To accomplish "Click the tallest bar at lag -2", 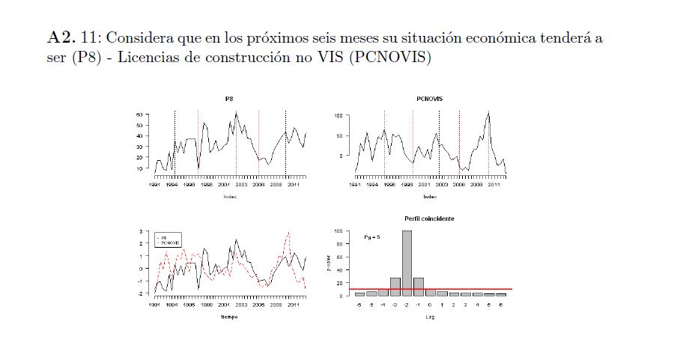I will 407,263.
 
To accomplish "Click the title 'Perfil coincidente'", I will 430,219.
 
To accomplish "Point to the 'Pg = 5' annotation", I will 372,237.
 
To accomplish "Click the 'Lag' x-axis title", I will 429,317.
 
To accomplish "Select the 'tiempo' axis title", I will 228,317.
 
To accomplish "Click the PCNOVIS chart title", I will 429,99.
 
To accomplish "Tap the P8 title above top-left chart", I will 228,99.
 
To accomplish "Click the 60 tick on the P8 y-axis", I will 139,115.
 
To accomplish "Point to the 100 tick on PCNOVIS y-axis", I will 337,116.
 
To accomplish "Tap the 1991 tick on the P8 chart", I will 154,184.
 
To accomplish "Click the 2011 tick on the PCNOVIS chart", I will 494,184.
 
